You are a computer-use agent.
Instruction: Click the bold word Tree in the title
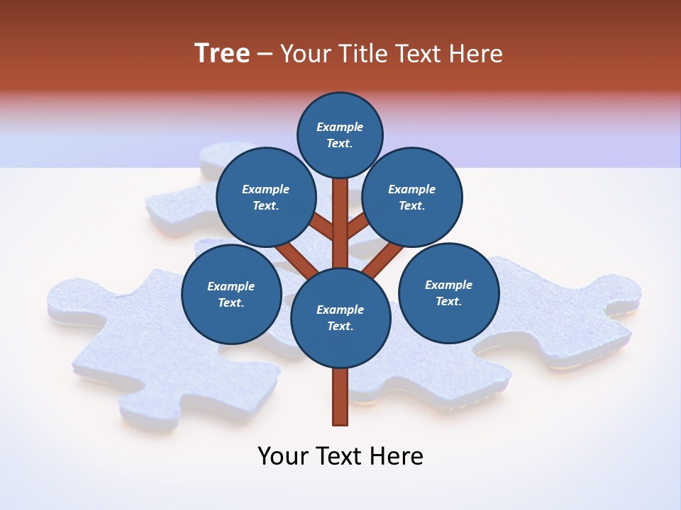222,54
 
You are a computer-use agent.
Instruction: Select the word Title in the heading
360,54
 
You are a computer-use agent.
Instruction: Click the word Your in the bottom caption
282,456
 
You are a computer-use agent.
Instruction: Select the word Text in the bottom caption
341,456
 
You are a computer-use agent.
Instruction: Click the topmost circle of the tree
340,135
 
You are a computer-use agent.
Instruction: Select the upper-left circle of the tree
266,198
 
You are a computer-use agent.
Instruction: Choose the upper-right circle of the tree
412,198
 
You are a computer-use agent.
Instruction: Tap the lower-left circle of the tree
231,294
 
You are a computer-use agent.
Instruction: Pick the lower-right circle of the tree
449,293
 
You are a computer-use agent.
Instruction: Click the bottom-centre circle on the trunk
340,318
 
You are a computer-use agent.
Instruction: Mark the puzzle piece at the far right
567,312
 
